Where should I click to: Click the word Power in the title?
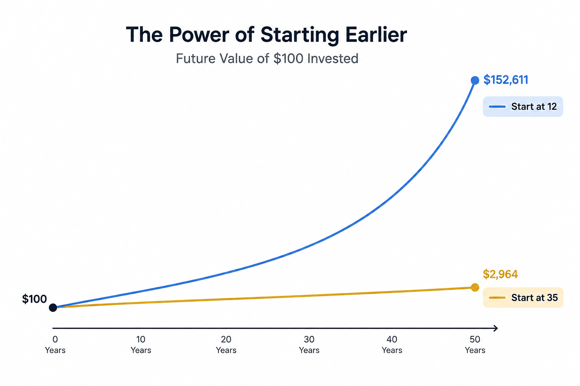pos(199,35)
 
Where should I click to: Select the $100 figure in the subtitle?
pos(288,58)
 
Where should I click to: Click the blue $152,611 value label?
pos(506,80)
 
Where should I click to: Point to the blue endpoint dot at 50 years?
pos(475,80)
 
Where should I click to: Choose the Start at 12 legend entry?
pos(523,107)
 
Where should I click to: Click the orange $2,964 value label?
pos(500,274)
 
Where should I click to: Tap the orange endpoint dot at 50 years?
pos(475,287)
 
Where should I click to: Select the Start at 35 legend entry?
pos(523,297)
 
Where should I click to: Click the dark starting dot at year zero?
pos(53,308)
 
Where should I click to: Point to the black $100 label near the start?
pos(34,299)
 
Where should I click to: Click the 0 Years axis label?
pos(55,345)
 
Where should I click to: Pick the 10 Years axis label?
pos(141,345)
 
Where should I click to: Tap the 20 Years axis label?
pos(226,345)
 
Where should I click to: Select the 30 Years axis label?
pos(309,345)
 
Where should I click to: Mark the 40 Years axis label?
pos(392,345)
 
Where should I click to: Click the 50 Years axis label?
pos(475,345)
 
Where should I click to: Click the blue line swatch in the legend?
pos(497,107)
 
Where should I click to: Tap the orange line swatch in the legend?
pos(497,297)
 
